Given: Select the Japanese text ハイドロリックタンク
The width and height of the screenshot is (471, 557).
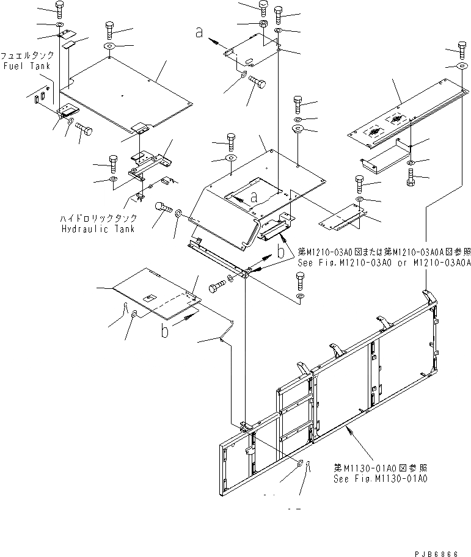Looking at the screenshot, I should [98, 219].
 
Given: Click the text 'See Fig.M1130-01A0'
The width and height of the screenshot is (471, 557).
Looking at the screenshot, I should [380, 479].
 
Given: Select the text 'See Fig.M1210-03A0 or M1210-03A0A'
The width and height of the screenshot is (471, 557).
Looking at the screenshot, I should [383, 262].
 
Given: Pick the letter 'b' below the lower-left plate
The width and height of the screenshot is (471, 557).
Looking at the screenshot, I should [164, 332].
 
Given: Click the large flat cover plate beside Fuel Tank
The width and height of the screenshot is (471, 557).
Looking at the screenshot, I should [128, 92].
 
